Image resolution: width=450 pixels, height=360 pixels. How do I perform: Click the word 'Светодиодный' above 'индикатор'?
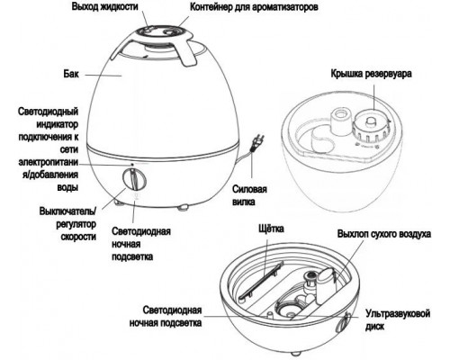tap(51, 113)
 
